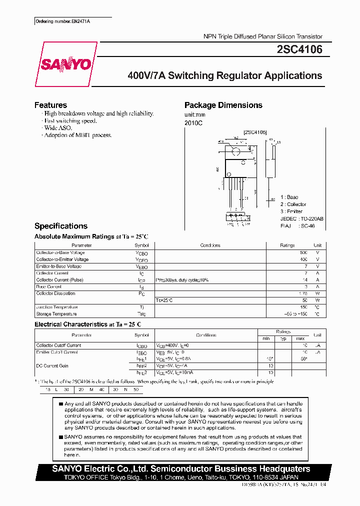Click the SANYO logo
coord(65,64)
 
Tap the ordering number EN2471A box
coord(65,21)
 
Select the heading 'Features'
coord(50,105)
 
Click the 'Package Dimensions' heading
coord(223,105)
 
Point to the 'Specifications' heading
coord(60,226)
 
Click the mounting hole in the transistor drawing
coord(236,151)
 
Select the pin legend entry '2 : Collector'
coord(293,204)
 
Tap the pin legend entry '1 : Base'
coord(289,197)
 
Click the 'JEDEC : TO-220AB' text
coord(301,218)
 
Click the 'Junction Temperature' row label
coord(57,307)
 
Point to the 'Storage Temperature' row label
coord(56,314)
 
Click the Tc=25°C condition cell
coord(164,300)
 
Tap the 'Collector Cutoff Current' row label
coord(58,345)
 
